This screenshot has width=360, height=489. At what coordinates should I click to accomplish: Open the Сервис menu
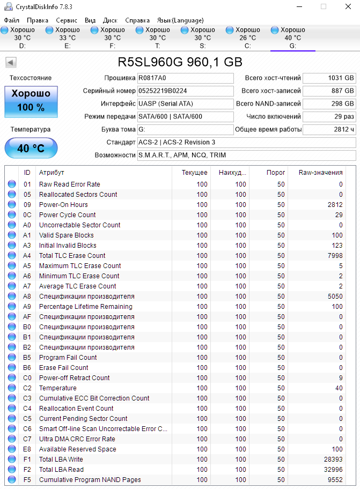67,20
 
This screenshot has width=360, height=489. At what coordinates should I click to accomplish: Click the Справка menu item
137,20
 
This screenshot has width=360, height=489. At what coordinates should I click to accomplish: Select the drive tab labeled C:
247,38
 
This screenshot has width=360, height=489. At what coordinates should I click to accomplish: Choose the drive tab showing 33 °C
67,38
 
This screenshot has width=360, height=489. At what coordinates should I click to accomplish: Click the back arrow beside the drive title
11,63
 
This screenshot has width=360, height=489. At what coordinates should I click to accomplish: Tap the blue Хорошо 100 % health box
31,100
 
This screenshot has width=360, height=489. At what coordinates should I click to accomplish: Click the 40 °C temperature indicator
31,148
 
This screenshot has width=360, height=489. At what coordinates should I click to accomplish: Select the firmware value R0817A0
185,78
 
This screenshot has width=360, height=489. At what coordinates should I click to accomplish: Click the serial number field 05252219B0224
185,91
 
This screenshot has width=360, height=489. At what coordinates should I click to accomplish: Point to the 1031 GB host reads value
329,78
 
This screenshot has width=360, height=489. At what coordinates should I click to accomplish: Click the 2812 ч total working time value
329,130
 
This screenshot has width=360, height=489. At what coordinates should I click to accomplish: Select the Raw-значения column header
320,173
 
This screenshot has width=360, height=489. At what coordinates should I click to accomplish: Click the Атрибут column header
52,173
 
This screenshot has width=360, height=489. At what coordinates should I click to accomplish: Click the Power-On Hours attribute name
63,205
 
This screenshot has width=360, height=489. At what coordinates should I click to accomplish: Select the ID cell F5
27,480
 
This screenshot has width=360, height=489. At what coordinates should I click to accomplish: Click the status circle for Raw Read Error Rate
12,184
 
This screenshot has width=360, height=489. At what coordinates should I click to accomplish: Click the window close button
348,6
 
